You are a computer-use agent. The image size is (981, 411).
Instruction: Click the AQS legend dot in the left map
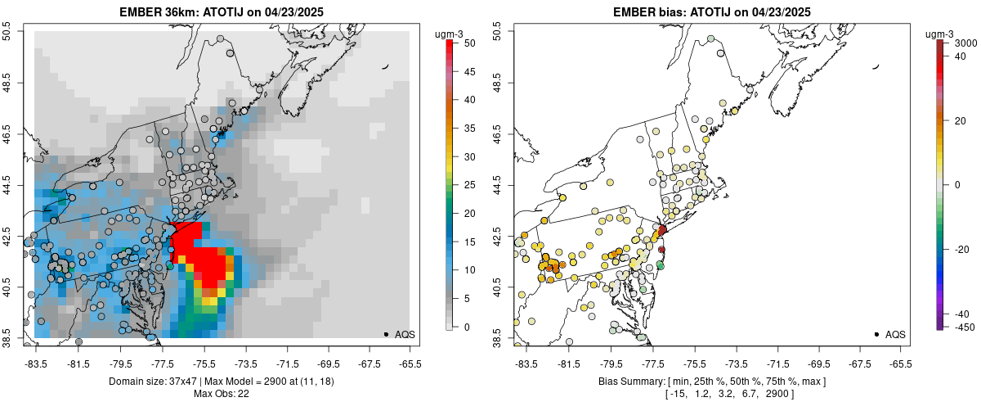[x=386, y=334]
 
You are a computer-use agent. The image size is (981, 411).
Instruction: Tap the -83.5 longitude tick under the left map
[x=36, y=364]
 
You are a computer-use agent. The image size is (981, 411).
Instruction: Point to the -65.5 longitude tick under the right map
[x=900, y=364]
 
